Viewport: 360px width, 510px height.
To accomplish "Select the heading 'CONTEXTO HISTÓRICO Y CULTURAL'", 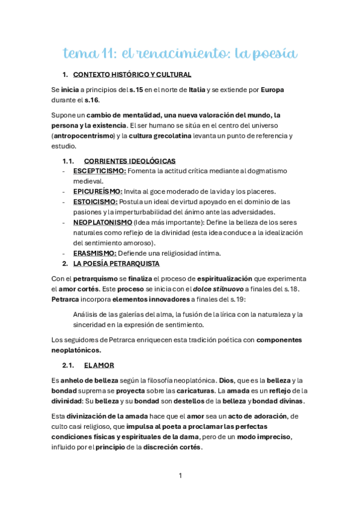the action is (x=132, y=75).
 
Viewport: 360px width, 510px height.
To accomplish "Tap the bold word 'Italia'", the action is (x=197, y=90).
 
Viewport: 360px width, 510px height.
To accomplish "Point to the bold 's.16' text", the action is (x=92, y=100).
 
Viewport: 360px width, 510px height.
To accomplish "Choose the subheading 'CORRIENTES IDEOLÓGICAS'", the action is (x=130, y=161).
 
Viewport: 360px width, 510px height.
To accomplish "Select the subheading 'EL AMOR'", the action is (x=99, y=365).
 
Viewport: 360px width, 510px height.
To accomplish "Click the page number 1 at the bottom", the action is (x=180, y=476).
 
